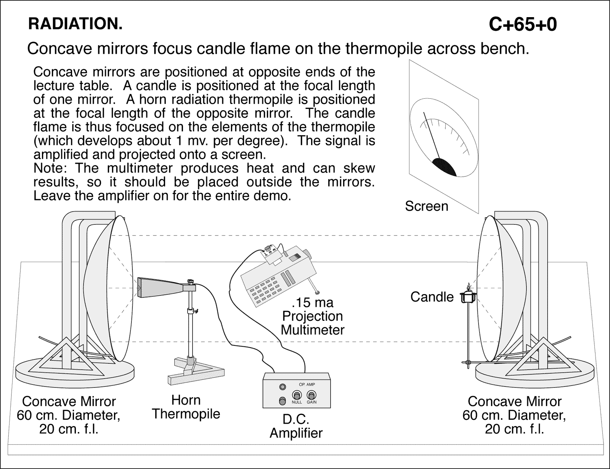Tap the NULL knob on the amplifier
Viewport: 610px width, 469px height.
pos(297,395)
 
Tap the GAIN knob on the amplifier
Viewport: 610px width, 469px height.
pos(311,395)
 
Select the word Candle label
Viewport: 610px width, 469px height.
pos(432,297)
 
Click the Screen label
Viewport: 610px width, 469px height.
pos(426,206)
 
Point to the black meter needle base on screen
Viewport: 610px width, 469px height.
pos(445,166)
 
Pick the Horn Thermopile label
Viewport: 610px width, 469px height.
pos(186,407)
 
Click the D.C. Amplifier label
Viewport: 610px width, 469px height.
pos(296,426)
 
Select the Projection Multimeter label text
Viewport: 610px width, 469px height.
pos(312,323)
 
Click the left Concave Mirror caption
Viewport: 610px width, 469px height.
pos(69,415)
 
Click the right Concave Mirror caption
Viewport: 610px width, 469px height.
pos(514,415)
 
